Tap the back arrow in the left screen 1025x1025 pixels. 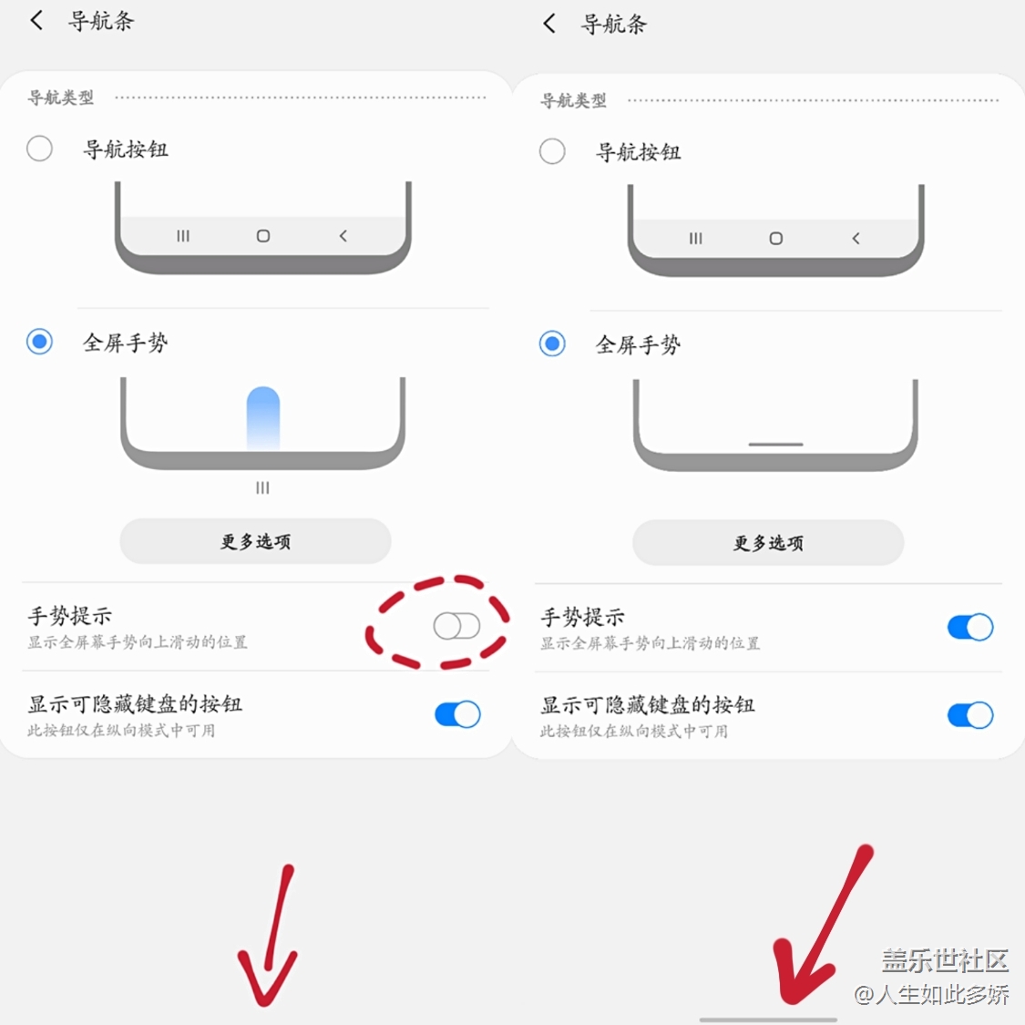[36, 20]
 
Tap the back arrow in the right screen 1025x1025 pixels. [549, 24]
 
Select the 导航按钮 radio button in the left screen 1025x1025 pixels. [39, 149]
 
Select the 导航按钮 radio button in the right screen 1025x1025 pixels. [552, 151]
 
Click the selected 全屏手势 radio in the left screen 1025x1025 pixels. [39, 342]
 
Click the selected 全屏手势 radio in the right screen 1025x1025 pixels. [552, 343]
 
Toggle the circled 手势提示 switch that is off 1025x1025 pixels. [457, 626]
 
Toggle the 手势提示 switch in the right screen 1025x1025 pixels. [970, 627]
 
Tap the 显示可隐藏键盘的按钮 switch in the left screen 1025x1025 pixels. [457, 713]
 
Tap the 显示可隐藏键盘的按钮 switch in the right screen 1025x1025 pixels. [970, 715]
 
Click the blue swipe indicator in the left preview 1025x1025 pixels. [262, 417]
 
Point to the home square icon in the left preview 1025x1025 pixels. [262, 235]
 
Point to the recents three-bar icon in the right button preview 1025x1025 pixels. [695, 239]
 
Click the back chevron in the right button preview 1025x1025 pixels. [856, 239]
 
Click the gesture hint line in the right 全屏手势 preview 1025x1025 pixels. [775, 445]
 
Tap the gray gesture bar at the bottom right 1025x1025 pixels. [768, 1020]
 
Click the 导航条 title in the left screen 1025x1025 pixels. [101, 21]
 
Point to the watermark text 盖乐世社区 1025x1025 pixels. [945, 960]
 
